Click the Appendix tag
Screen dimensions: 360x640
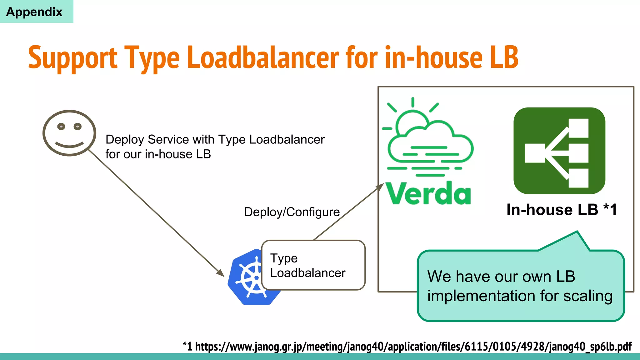pos(34,12)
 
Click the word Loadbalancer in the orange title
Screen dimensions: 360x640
pos(263,58)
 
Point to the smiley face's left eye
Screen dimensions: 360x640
pos(61,127)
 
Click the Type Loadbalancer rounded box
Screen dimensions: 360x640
pos(313,265)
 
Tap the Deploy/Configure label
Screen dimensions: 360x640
pos(292,212)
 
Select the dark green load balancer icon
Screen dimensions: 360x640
pos(559,151)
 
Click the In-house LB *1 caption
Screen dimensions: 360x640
pos(562,210)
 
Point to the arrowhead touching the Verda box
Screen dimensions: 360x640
pos(380,187)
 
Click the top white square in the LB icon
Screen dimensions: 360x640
pos(578,128)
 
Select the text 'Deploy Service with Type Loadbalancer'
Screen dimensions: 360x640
pos(215,139)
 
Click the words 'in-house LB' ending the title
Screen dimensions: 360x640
pos(452,58)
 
